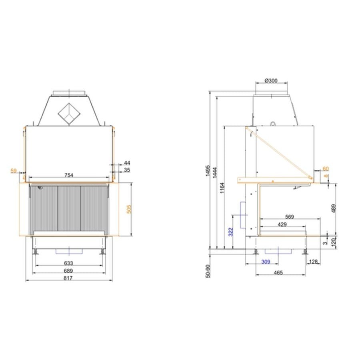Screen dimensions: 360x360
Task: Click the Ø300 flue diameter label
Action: point(271,80)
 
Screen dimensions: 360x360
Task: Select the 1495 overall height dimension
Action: point(208,170)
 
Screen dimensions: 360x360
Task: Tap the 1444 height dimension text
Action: point(215,172)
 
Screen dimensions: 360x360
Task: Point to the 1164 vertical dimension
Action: point(222,188)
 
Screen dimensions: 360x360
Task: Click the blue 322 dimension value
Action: point(231,232)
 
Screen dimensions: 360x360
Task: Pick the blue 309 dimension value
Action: point(266,262)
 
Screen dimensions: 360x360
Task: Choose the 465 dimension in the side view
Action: point(278,273)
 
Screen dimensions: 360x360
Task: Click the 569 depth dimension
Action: point(290,216)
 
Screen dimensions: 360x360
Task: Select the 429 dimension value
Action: point(282,224)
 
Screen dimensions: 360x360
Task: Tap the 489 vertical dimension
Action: point(334,208)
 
